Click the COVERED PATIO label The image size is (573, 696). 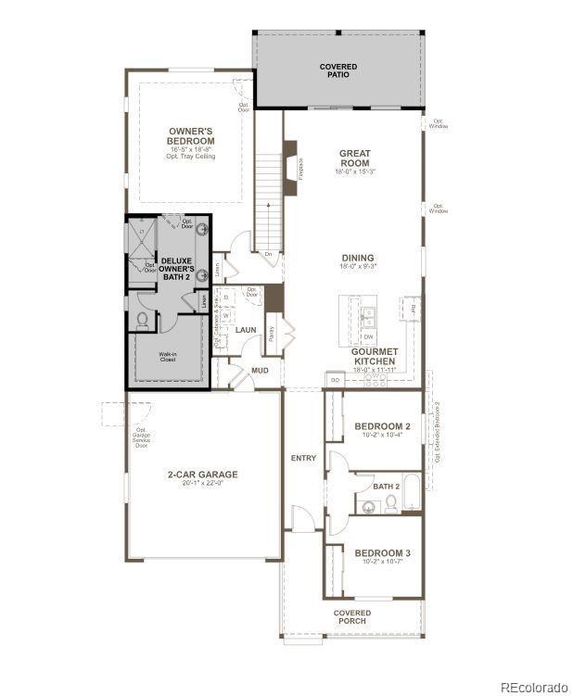337,70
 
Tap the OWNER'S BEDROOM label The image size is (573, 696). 191,136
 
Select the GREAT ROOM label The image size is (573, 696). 354,158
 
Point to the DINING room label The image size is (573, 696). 357,258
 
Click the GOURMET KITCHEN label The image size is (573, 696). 375,356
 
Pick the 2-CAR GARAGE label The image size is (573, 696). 202,475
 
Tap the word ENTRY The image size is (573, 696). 303,458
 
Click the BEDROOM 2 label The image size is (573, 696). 382,426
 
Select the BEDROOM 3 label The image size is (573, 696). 382,553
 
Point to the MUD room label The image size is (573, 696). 260,371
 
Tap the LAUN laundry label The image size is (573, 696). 245,329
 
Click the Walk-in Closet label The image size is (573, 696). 168,357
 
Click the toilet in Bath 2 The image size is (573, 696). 390,503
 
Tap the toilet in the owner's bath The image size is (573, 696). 143,321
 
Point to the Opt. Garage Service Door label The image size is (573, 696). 141,437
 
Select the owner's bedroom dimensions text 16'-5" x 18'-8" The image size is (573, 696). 191,148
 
